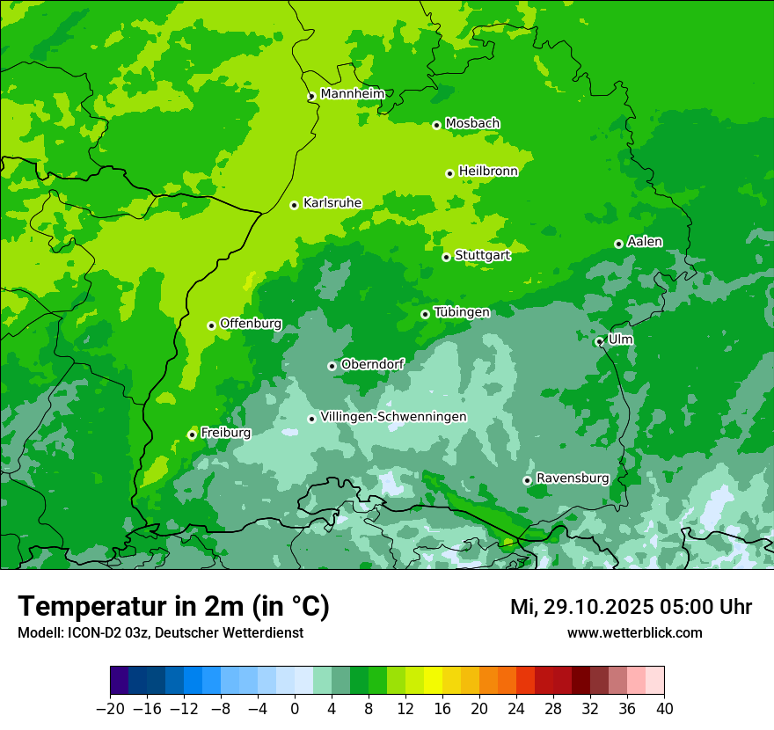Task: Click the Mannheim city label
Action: [x=352, y=94]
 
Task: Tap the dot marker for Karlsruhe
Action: [x=295, y=206]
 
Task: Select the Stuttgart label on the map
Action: [x=482, y=255]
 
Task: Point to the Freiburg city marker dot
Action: [x=192, y=434]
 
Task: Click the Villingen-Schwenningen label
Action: [x=393, y=417]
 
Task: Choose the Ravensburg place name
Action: [x=572, y=478]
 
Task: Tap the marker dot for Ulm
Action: [x=599, y=341]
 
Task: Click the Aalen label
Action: [x=645, y=242]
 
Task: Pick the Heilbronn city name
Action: [x=488, y=172]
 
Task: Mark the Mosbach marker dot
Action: [x=436, y=125]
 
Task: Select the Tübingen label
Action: [x=462, y=312]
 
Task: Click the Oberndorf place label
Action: [x=372, y=364]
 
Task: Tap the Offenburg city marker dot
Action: [x=211, y=325]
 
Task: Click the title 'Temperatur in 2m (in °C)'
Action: [x=174, y=606]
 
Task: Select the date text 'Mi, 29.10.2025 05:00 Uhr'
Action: [x=631, y=607]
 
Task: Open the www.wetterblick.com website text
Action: [x=634, y=632]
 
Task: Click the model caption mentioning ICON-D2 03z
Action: [x=160, y=632]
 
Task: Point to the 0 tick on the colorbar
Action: [x=295, y=708]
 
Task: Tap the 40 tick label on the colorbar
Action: [x=664, y=708]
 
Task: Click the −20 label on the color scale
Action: [x=110, y=708]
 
